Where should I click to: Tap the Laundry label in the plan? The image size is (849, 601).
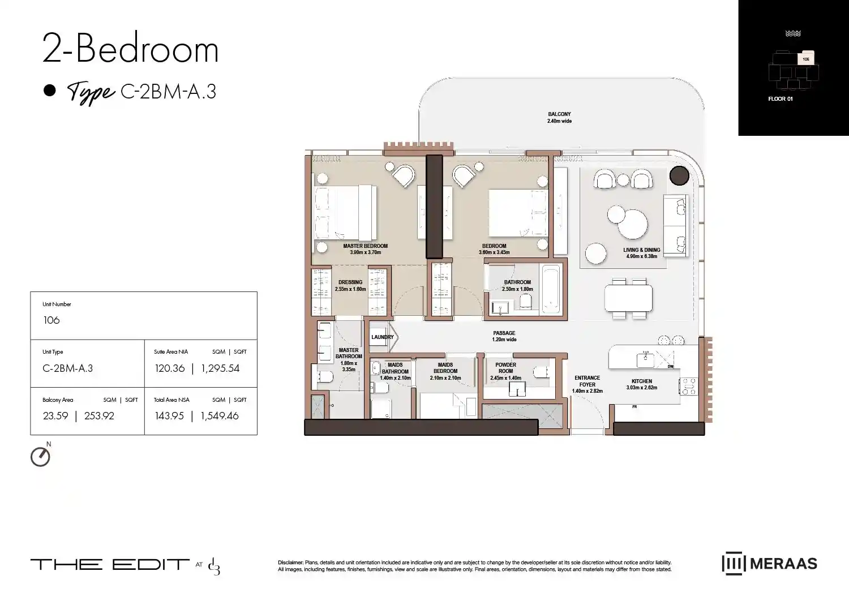(382, 337)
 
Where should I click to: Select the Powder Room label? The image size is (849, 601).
(505, 368)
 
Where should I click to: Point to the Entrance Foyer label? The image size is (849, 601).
(587, 381)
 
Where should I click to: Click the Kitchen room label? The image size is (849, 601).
(642, 381)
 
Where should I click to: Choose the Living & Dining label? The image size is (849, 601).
(641, 250)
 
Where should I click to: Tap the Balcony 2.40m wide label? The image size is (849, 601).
(559, 117)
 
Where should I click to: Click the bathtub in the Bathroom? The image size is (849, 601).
(551, 288)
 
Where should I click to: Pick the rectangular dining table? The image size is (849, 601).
(628, 298)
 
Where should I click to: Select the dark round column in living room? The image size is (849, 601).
(679, 176)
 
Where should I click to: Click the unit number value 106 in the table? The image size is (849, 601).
(52, 320)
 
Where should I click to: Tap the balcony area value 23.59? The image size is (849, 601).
(55, 416)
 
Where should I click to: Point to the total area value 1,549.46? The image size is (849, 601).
(220, 416)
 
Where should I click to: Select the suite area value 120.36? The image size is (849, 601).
(170, 368)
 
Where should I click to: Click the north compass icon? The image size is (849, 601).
(40, 457)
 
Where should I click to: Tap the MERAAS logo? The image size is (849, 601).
(769, 564)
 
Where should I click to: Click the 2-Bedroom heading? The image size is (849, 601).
(131, 49)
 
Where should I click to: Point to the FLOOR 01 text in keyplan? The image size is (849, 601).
(780, 99)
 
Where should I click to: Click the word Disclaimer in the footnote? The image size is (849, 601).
(290, 563)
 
